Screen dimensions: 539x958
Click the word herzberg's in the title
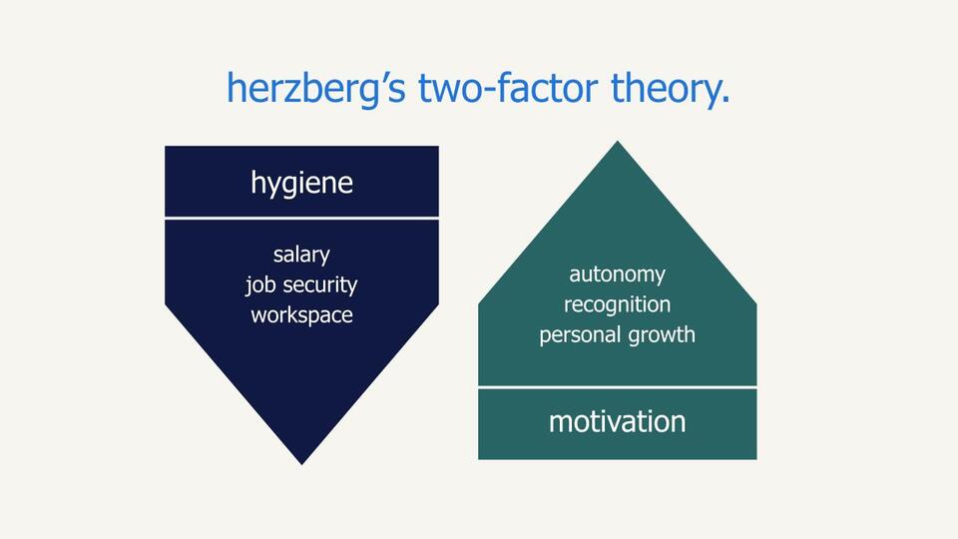pos(315,89)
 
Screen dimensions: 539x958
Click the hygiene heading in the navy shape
pos(301,183)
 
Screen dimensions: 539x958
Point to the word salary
pos(301,255)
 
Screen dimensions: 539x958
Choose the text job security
pos(301,284)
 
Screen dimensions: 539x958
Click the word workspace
pos(301,314)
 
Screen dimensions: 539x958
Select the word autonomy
pos(617,273)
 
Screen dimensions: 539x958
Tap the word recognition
pos(617,303)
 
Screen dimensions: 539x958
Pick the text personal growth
pos(617,334)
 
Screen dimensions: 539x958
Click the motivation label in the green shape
pos(617,421)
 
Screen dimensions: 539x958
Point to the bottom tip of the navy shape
pos(301,462)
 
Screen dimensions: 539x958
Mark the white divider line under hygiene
pos(301,218)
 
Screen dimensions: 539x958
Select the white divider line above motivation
pos(617,386)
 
